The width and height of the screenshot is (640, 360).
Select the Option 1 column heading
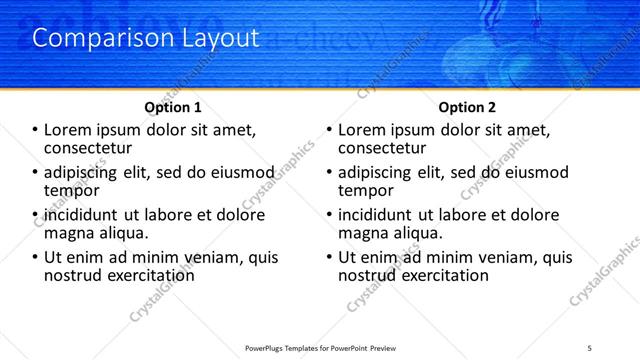(172, 107)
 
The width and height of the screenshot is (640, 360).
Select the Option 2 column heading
(467, 107)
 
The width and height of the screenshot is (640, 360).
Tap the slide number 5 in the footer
(590, 347)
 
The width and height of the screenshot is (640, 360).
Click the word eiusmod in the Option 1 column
(241, 172)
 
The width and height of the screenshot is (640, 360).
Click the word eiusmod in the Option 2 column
(535, 172)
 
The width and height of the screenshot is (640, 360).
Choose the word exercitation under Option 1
(147, 274)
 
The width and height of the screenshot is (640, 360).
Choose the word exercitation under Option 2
(441, 274)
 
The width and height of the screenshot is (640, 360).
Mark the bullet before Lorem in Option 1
(36, 130)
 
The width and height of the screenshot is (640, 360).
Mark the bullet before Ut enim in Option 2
(330, 257)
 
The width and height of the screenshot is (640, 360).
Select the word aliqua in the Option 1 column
(123, 232)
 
